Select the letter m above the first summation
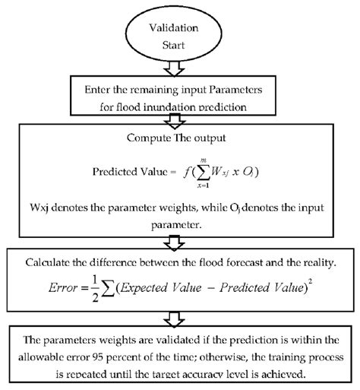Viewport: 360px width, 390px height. pyautogui.click(x=202, y=154)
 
